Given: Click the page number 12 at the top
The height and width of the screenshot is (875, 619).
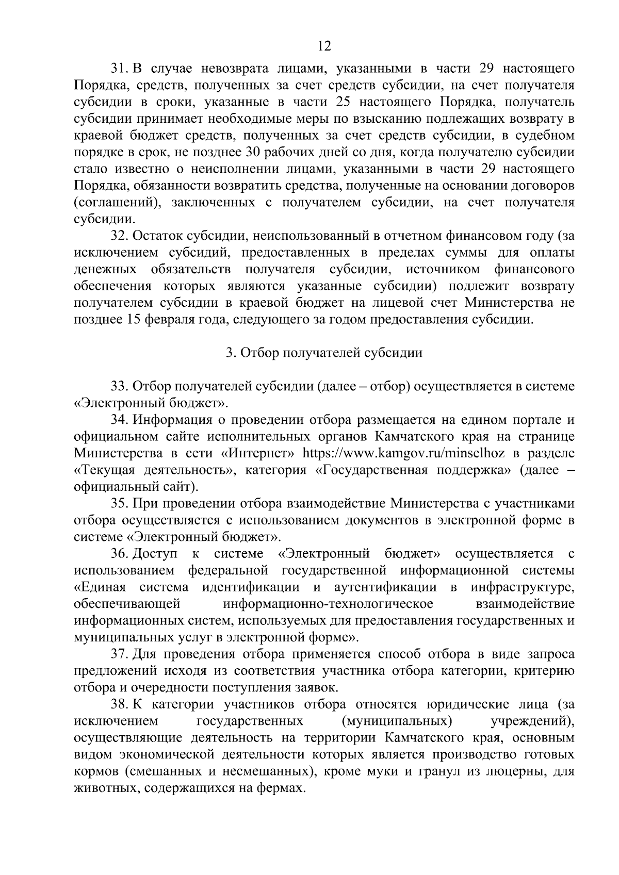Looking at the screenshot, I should click(x=324, y=46).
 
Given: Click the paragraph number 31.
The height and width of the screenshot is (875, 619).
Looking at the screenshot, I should click(x=120, y=68).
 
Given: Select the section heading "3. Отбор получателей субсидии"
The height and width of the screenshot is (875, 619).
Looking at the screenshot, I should click(x=324, y=353).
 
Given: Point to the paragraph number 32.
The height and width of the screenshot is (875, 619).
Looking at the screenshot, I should click(x=120, y=236).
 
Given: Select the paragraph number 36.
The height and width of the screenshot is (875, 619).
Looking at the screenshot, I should click(x=120, y=554).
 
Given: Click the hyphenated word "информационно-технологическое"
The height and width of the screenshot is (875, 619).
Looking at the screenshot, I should click(x=329, y=604).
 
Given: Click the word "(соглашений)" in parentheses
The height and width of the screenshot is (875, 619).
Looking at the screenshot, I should click(x=114, y=203).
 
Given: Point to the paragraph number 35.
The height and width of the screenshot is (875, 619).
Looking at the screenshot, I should click(x=120, y=503).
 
